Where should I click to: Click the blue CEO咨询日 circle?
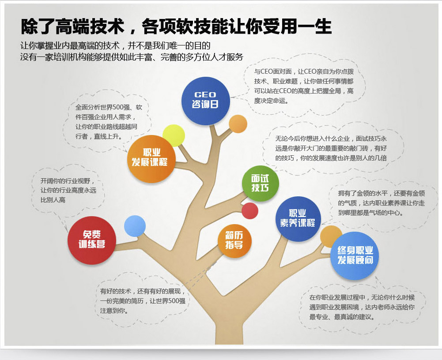point(205,101)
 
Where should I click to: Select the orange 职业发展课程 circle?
point(151,159)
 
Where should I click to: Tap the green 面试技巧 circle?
point(260,184)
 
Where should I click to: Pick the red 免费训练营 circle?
point(91,240)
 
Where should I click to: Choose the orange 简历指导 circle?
point(234,241)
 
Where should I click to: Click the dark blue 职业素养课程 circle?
point(298,219)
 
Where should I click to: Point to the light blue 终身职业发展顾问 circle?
point(354,256)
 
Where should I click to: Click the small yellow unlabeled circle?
point(174,135)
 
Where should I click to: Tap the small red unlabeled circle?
point(250,211)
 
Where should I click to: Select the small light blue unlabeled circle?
point(135,226)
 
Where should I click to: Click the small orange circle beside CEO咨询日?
point(238,124)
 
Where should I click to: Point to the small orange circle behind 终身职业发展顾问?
point(330,236)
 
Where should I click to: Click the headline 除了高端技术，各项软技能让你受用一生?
point(176,27)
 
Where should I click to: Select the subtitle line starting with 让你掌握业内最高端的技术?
point(115,45)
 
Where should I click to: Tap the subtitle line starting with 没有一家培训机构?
point(132,57)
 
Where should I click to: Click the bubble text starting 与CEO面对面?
point(304,86)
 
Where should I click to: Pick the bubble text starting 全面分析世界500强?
point(109,122)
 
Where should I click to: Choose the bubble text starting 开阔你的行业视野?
point(68,191)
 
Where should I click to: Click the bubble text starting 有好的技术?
point(143,301)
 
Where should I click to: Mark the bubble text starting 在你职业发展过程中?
point(362,307)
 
